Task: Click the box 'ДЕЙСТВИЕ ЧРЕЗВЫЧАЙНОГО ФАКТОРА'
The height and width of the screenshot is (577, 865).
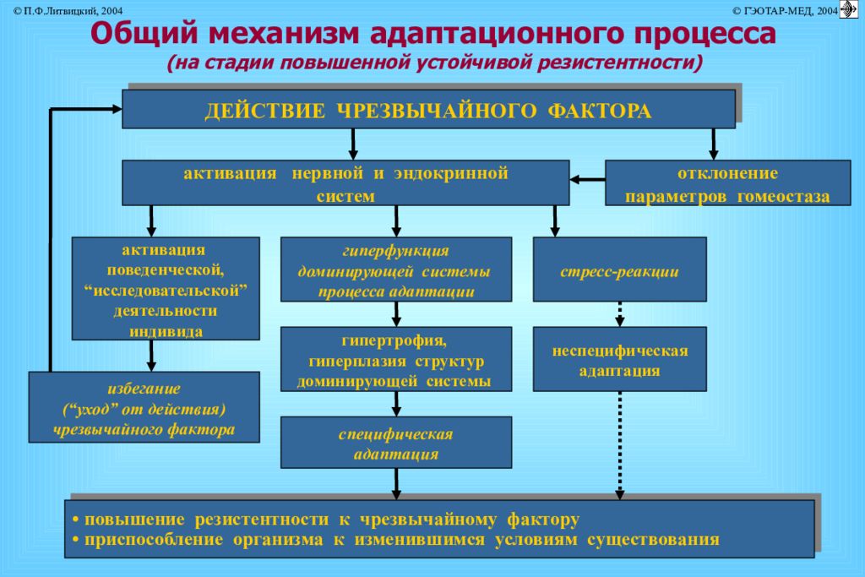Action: click(x=428, y=111)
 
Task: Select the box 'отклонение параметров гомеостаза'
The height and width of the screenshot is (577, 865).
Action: click(x=727, y=184)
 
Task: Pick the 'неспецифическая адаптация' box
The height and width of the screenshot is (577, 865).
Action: click(x=619, y=359)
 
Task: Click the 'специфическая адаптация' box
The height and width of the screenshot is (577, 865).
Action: click(x=396, y=444)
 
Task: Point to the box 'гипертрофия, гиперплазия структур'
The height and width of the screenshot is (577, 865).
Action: click(x=396, y=359)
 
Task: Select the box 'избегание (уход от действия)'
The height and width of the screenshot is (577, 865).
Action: click(x=143, y=408)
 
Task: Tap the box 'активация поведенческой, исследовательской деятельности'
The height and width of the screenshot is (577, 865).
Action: click(x=166, y=288)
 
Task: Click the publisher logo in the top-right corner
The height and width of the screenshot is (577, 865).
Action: click(x=849, y=9)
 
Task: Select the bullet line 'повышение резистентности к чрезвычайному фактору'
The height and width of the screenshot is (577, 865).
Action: click(x=325, y=518)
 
